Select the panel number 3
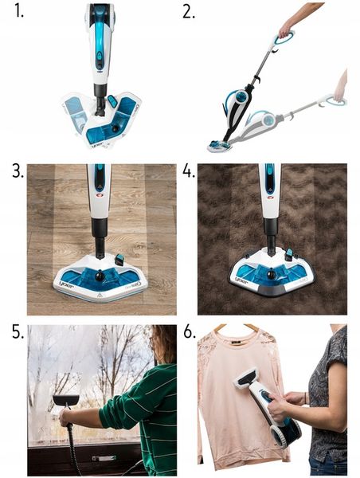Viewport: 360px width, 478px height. tap(17, 173)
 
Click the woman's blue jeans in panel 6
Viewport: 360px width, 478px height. tap(327, 465)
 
